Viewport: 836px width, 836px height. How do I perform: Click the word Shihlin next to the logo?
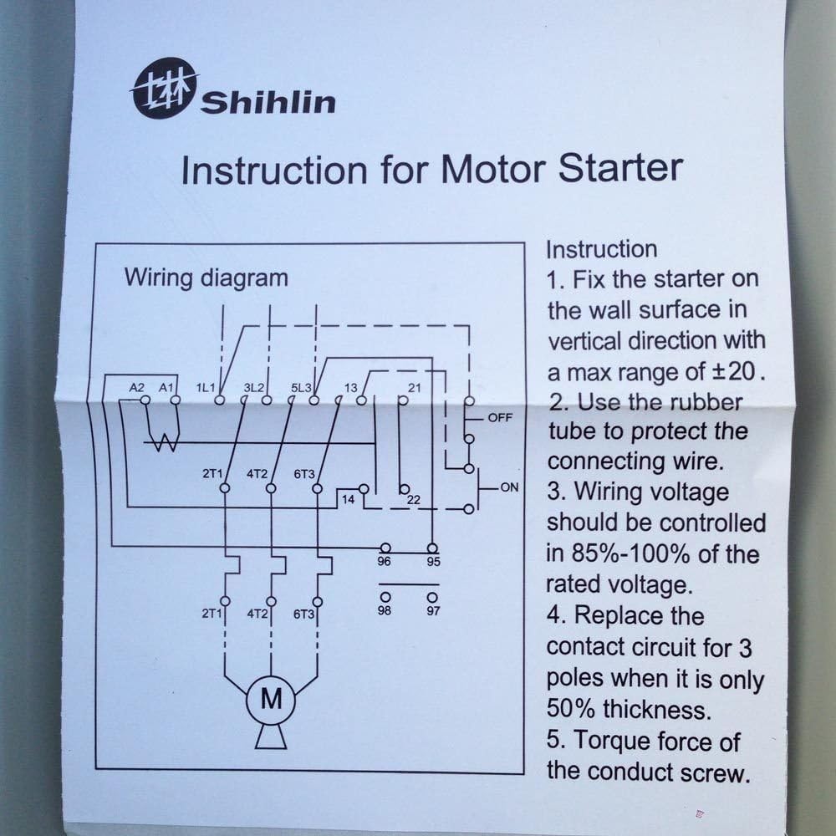tap(268, 103)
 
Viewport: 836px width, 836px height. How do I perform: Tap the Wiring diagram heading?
tap(206, 278)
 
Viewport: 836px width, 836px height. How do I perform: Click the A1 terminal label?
tap(166, 388)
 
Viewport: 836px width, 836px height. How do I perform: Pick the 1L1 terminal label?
tap(206, 388)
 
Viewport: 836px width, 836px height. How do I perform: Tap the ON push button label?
tap(509, 487)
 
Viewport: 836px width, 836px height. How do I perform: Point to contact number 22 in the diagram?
tap(413, 500)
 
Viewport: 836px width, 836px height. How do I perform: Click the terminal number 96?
tap(385, 562)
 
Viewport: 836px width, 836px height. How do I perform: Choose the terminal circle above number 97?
tap(431, 597)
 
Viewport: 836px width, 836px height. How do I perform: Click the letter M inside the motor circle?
tap(271, 699)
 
